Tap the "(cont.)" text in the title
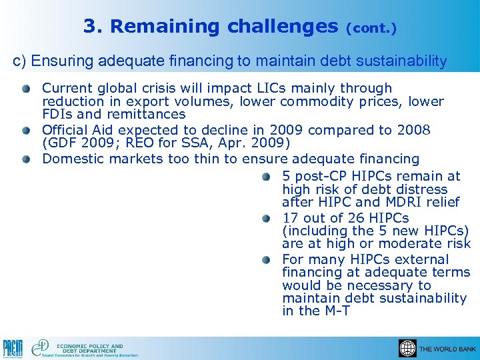click(x=371, y=29)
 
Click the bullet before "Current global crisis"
click(x=25, y=89)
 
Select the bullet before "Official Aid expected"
click(x=25, y=130)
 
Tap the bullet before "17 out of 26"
click(x=266, y=219)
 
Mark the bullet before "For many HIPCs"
click(x=266, y=260)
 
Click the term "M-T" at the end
click(x=335, y=311)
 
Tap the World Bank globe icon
click(x=407, y=349)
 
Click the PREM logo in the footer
click(x=13, y=347)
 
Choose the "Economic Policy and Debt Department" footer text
click(x=89, y=348)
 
